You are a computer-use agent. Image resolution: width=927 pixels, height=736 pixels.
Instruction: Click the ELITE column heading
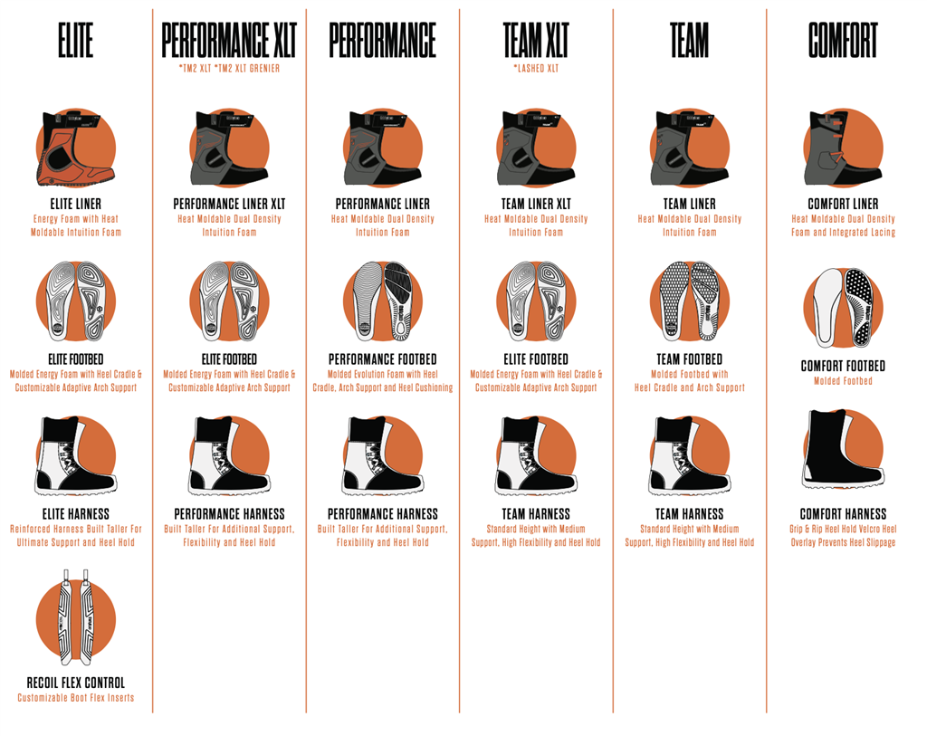[76, 40]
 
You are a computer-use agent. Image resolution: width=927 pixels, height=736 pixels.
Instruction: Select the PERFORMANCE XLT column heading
[229, 40]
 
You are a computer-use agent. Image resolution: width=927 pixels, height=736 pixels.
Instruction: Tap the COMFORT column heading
[843, 40]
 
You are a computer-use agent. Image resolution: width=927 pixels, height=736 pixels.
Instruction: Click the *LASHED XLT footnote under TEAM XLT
[536, 69]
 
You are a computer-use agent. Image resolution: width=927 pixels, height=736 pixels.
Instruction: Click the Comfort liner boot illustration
[842, 148]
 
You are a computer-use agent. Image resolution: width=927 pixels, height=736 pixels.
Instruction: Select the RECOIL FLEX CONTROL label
[76, 683]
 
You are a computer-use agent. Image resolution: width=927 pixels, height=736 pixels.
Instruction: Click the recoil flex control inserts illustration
[76, 617]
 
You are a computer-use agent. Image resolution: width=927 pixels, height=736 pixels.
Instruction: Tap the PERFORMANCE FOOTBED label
[383, 359]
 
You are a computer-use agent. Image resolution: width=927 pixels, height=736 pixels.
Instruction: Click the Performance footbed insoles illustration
[383, 301]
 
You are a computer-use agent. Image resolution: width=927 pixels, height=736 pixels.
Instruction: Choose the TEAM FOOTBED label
[689, 359]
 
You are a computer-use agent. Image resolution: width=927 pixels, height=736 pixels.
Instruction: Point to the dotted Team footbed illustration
[689, 301]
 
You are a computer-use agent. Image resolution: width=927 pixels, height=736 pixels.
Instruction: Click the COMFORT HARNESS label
[843, 513]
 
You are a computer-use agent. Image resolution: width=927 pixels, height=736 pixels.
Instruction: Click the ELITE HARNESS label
[76, 513]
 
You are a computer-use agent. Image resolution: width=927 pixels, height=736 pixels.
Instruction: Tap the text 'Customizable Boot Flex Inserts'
[76, 698]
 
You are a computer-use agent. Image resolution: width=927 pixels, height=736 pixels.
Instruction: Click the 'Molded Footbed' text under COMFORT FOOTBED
[843, 381]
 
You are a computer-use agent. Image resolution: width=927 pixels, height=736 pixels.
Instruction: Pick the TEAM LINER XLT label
[536, 204]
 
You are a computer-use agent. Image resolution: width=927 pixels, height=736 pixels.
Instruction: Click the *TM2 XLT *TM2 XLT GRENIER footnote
[229, 69]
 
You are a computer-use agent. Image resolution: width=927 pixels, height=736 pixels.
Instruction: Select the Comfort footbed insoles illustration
[843, 308]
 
